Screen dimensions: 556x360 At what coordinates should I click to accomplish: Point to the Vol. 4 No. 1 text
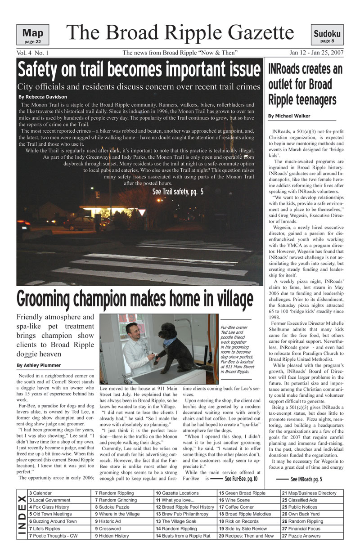(x=32, y=53)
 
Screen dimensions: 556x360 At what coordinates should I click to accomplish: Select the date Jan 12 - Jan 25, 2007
(x=317, y=53)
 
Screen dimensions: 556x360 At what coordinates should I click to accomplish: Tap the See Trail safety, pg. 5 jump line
(x=178, y=192)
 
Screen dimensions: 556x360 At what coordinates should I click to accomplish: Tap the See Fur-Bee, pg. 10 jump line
(x=241, y=479)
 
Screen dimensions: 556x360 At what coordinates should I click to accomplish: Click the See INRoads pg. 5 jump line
(x=306, y=479)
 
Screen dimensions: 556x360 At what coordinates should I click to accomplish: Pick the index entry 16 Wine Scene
(x=234, y=500)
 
